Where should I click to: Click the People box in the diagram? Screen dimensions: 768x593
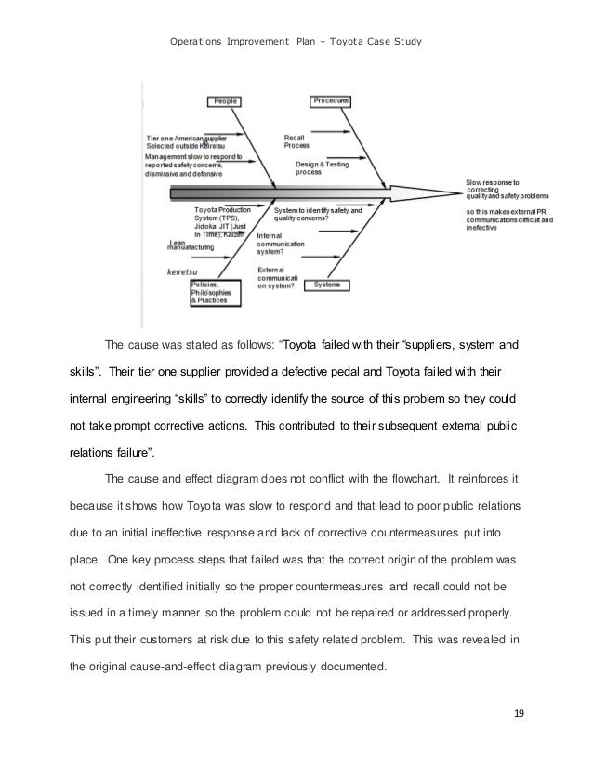click(225, 99)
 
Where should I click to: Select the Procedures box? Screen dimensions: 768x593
click(330, 99)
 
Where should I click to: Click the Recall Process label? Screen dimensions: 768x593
click(298, 141)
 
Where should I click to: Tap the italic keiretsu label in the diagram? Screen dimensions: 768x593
click(180, 272)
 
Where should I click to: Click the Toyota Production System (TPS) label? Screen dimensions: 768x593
click(219, 217)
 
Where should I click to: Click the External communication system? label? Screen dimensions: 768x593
click(277, 278)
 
